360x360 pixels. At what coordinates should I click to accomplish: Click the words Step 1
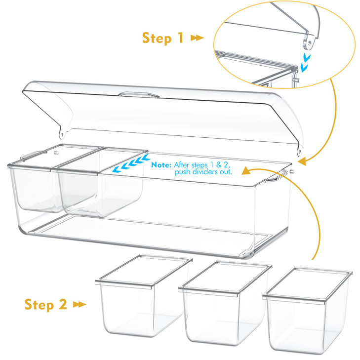(x=162, y=38)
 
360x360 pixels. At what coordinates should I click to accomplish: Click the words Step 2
(x=46, y=305)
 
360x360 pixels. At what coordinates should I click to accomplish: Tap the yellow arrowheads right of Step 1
(x=197, y=38)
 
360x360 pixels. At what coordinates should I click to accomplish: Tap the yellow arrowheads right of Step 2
(x=80, y=305)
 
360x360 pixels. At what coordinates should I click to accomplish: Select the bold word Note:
(x=161, y=164)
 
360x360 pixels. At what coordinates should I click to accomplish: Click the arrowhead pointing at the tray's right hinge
(x=302, y=160)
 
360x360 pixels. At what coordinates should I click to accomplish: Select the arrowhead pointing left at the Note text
(x=247, y=170)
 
